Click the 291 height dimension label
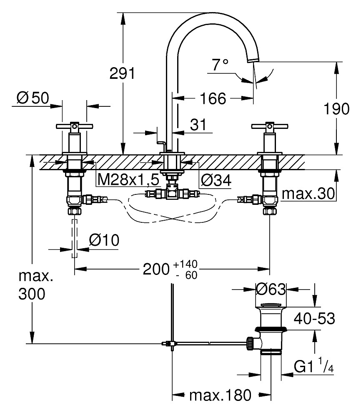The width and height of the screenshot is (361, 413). point(122,73)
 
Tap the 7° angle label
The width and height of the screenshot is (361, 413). point(220,64)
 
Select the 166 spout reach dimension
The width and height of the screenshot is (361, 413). point(213,99)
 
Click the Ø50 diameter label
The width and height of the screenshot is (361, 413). point(33,98)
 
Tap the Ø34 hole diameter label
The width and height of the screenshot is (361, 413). point(216,180)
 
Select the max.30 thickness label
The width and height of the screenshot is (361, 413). point(308,194)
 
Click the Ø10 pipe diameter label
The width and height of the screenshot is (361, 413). point(104,240)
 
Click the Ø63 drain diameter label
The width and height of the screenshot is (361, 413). point(271,288)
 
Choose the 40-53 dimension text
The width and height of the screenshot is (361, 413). point(314,319)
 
